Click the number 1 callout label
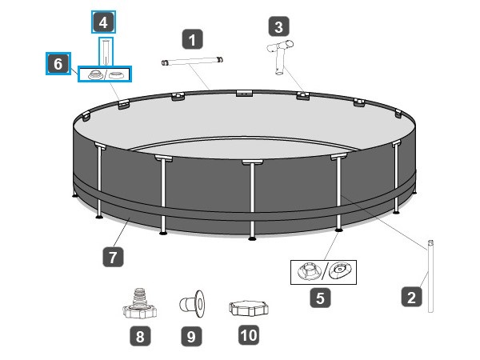tap(192, 38)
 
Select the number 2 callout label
tap(411, 298)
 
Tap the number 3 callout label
tap(278, 26)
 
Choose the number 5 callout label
tap(319, 298)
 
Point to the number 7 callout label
tap(113, 257)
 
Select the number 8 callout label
tap(140, 337)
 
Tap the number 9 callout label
tap(190, 337)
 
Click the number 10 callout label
tap(249, 335)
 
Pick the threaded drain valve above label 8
tap(138, 302)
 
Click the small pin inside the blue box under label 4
tap(106, 53)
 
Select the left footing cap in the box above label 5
tap(306, 272)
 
